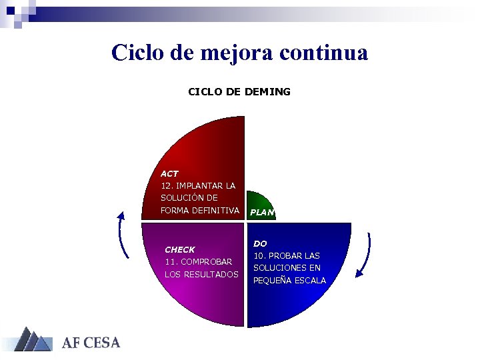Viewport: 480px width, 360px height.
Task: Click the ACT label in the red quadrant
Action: coord(169,173)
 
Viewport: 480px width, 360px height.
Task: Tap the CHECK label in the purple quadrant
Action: coord(179,250)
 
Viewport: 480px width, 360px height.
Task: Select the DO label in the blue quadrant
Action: coord(260,244)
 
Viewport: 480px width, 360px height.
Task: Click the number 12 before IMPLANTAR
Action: coord(166,185)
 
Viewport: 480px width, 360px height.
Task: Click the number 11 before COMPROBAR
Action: coord(170,262)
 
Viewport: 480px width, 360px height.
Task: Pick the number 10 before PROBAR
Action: coord(259,256)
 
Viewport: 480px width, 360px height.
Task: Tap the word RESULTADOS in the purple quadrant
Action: coord(212,274)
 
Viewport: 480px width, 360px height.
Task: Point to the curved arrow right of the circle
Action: coord(364,255)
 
